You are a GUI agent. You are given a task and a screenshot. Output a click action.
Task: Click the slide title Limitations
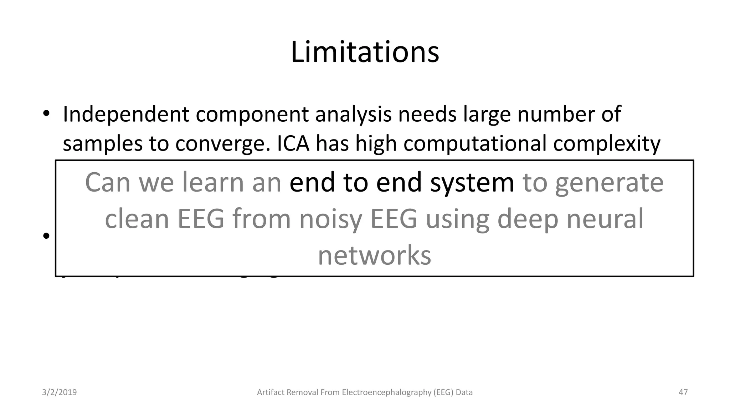click(x=365, y=52)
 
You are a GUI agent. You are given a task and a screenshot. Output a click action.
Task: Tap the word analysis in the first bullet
click(x=353, y=115)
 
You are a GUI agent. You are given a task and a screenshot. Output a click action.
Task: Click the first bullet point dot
click(x=46, y=114)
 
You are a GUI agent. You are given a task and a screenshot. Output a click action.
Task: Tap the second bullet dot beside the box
click(x=46, y=236)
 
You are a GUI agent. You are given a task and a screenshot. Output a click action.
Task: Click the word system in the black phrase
click(x=472, y=182)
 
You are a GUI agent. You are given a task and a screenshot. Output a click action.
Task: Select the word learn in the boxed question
click(x=213, y=182)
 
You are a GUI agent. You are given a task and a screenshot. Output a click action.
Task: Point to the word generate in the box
click(x=609, y=182)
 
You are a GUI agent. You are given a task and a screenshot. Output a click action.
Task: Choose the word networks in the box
click(x=374, y=255)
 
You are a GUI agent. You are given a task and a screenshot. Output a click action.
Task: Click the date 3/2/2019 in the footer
click(x=60, y=392)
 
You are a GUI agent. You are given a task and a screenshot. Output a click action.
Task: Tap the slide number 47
click(x=683, y=392)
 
